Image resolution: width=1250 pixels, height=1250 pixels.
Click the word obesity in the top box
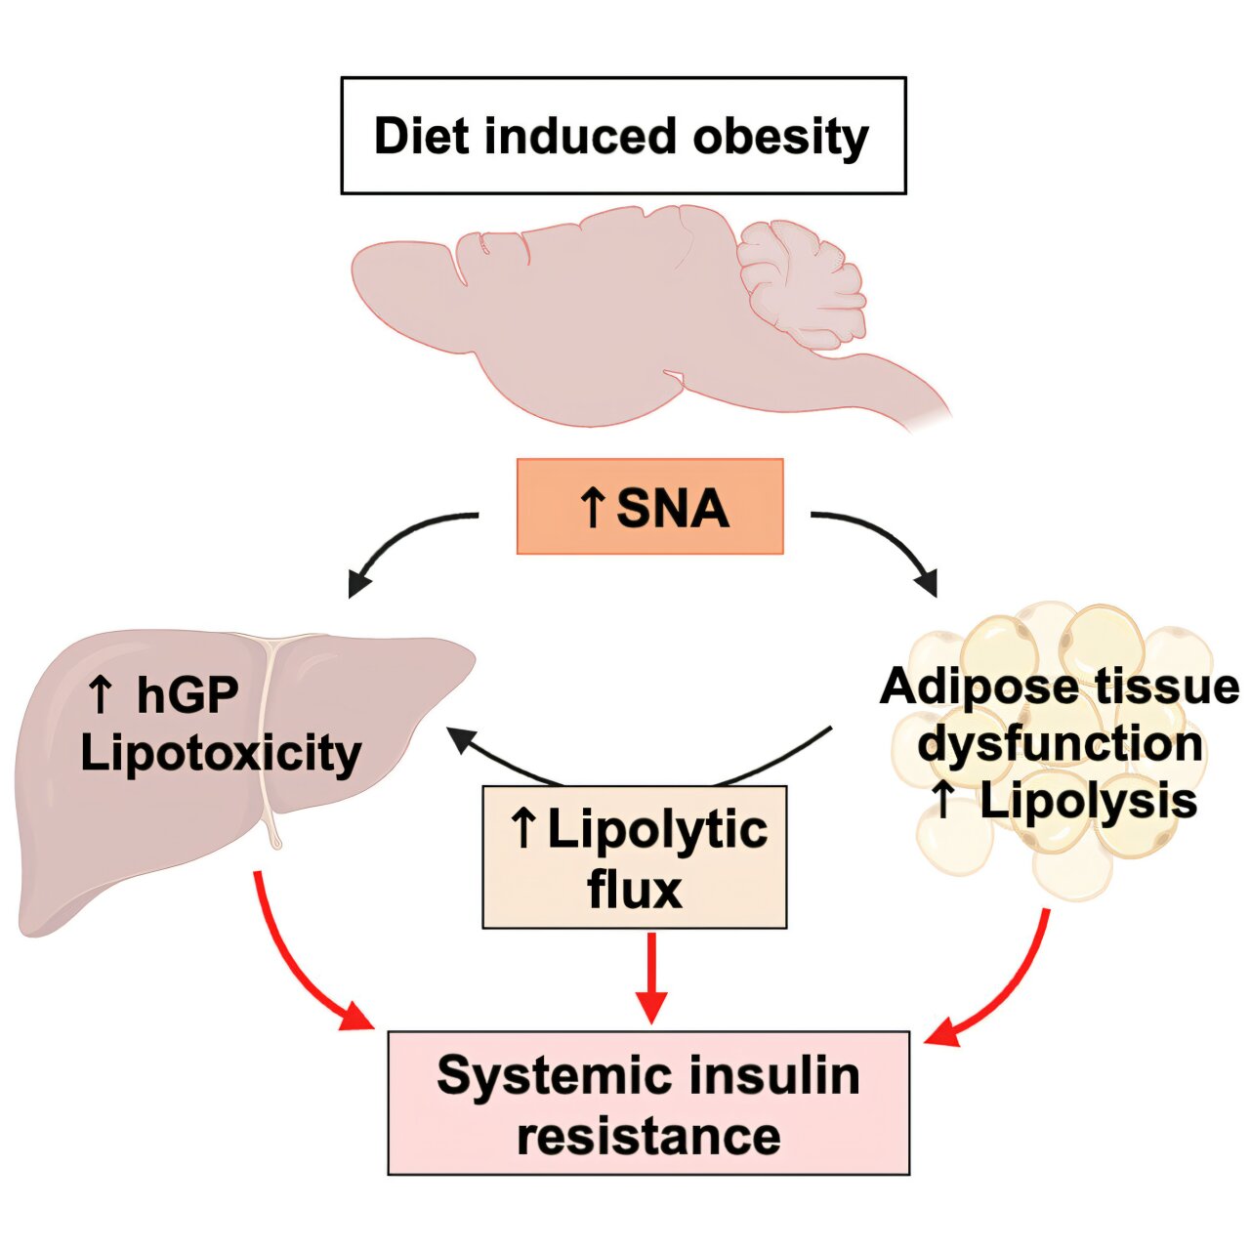(x=780, y=137)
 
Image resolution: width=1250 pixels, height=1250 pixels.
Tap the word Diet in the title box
(x=419, y=136)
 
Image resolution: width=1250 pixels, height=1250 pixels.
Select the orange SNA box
(x=649, y=507)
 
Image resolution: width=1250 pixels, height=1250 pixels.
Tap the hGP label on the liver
(x=187, y=695)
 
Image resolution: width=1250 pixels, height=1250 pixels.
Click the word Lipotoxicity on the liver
(x=221, y=753)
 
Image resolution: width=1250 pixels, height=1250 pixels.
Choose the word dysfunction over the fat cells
(x=1060, y=743)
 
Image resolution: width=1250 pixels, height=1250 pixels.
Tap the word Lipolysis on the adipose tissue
(x=1088, y=801)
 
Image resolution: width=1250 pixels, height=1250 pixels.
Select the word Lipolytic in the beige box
(x=657, y=829)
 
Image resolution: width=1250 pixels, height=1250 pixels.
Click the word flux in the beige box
(x=635, y=890)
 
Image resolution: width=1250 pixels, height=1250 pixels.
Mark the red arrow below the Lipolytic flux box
(x=650, y=977)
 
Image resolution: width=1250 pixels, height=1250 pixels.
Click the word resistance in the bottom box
(x=648, y=1136)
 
